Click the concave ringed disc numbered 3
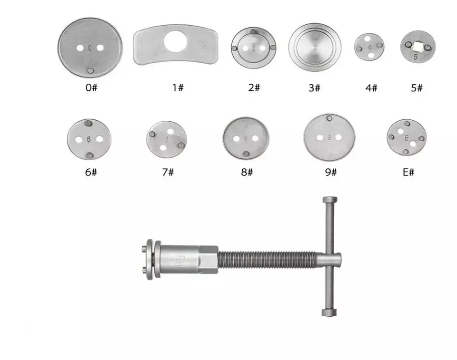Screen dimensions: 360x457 pos(315,47)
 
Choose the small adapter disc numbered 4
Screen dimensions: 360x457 pos(369,47)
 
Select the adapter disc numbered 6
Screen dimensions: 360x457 pos(89,139)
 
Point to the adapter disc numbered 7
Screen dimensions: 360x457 pos(166,139)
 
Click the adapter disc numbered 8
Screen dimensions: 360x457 pos(246,138)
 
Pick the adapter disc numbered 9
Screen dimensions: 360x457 pos(329,137)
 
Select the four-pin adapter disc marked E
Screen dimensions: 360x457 pos(406,137)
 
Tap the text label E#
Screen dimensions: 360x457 pos(408,172)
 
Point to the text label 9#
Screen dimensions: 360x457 pos(330,172)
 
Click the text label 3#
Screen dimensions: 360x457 pos(314,88)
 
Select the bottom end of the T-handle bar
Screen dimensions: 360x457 pos(329,313)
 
